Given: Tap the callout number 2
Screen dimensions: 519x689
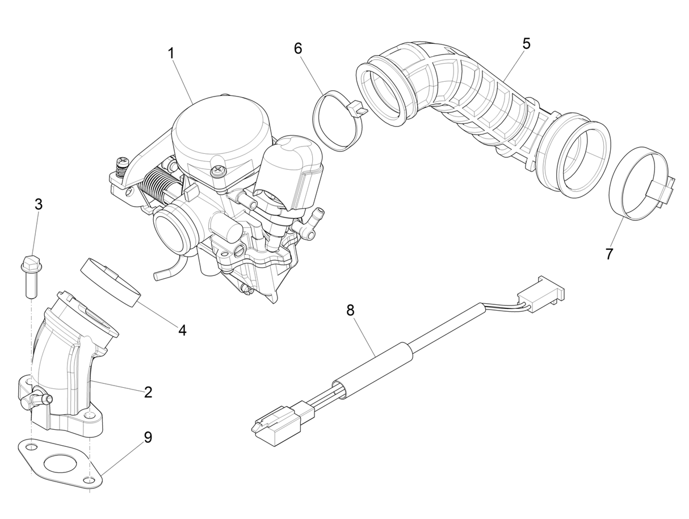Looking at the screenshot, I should coord(148,391).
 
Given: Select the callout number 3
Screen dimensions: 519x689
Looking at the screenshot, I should coord(38,204).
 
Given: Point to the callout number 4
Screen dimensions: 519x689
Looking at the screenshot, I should coord(182,330).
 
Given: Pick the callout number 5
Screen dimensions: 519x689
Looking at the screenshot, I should coord(526,44).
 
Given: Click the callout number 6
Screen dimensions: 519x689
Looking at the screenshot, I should coord(298,48).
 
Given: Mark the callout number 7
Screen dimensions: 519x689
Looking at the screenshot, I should coord(609,254).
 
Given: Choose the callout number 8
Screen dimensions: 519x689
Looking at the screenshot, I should coord(350,310).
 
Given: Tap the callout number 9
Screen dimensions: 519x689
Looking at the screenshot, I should coord(148,438).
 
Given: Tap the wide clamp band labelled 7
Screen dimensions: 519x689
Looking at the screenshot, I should coord(638,184).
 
